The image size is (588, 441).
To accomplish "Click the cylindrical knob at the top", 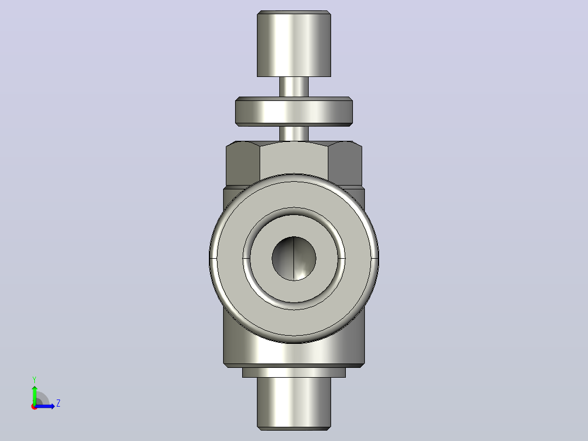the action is [293, 44].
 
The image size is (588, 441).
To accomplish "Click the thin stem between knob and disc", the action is [293, 87].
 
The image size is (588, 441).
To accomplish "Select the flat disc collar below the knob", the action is [293, 111].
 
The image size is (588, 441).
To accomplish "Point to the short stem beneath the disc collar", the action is [293, 134].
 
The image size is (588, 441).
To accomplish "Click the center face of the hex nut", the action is [293, 159].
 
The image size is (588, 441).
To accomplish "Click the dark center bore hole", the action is [293, 259].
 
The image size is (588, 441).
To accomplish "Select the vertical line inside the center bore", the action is [293, 259].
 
